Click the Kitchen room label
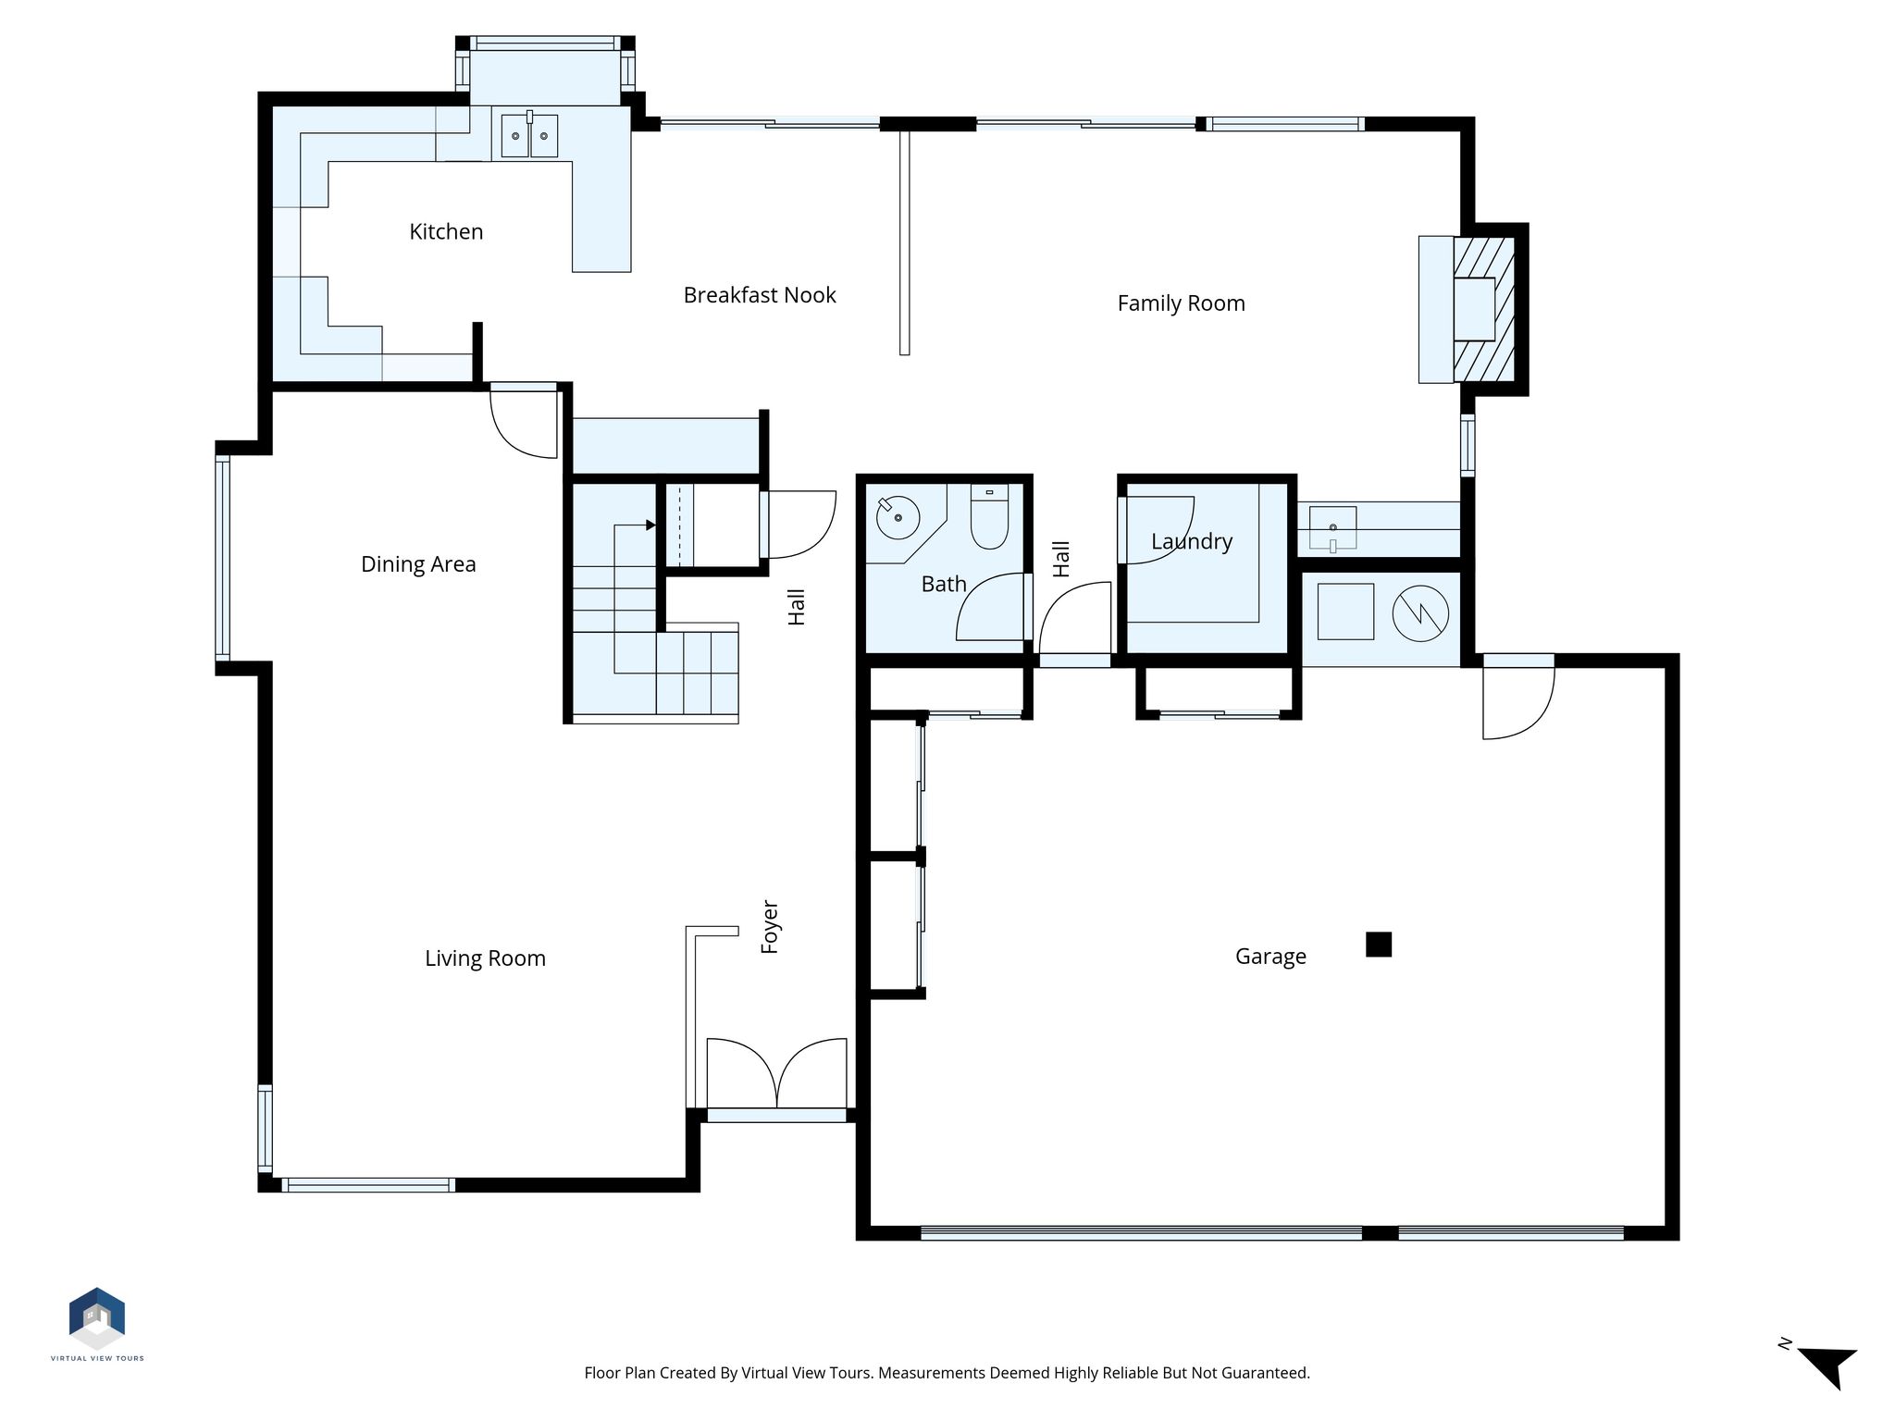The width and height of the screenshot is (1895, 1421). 446,231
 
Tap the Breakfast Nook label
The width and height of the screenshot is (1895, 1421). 760,295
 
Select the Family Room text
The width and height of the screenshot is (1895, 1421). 1181,303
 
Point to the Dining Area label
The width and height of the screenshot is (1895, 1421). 418,564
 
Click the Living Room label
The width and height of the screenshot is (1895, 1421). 485,958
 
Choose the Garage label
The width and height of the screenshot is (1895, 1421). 1270,957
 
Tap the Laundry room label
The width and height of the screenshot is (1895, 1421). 1192,541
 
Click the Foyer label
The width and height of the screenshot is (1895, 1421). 770,926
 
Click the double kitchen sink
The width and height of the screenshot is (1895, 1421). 530,135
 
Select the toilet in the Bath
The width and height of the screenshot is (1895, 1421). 989,517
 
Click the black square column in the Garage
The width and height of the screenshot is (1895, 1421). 1379,945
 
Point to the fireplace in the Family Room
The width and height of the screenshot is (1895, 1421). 1473,309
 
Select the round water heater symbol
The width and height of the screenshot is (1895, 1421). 1420,612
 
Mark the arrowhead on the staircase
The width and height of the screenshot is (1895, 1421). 651,525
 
